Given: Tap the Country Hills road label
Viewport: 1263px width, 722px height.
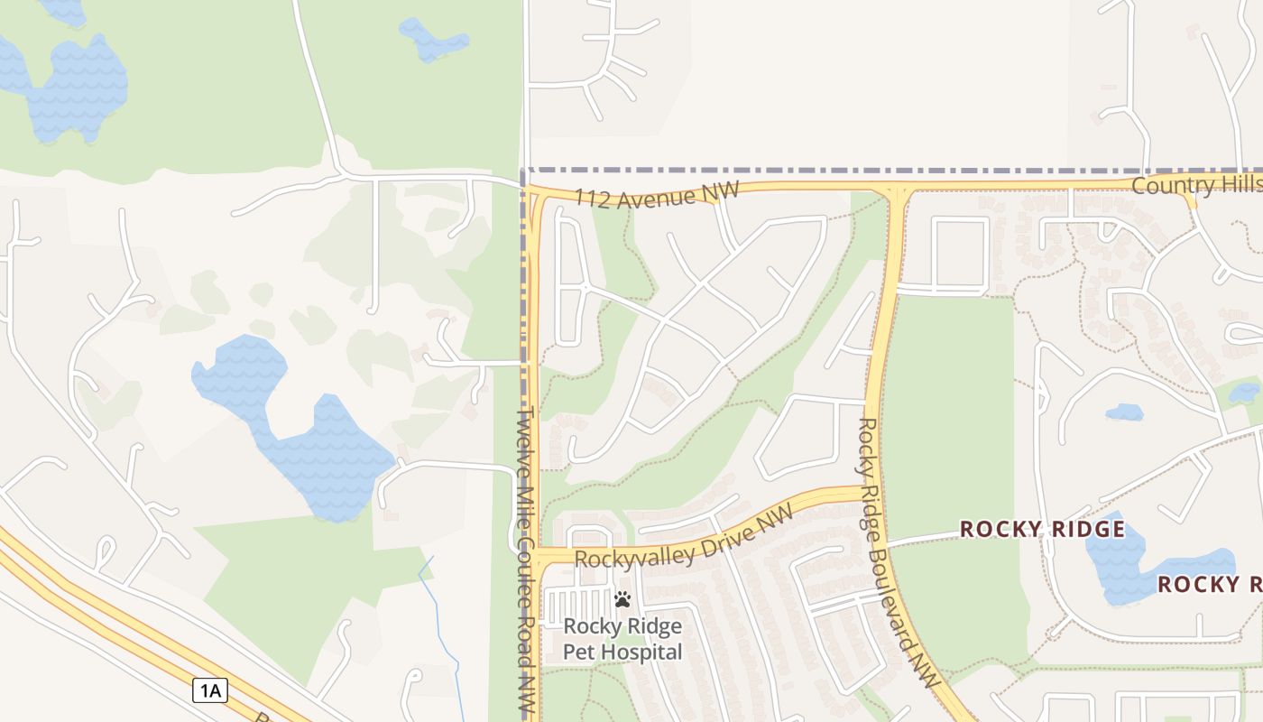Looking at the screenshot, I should click(1196, 185).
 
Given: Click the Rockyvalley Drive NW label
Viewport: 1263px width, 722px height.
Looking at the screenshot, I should click(683, 538).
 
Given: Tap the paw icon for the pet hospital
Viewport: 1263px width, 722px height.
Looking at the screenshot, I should click(622, 599).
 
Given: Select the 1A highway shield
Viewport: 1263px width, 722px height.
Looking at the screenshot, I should click(209, 691).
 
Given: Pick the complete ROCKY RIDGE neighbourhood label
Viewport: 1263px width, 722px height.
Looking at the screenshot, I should click(1042, 529).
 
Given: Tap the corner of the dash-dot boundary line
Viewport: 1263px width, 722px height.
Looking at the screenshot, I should click(524, 170).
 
